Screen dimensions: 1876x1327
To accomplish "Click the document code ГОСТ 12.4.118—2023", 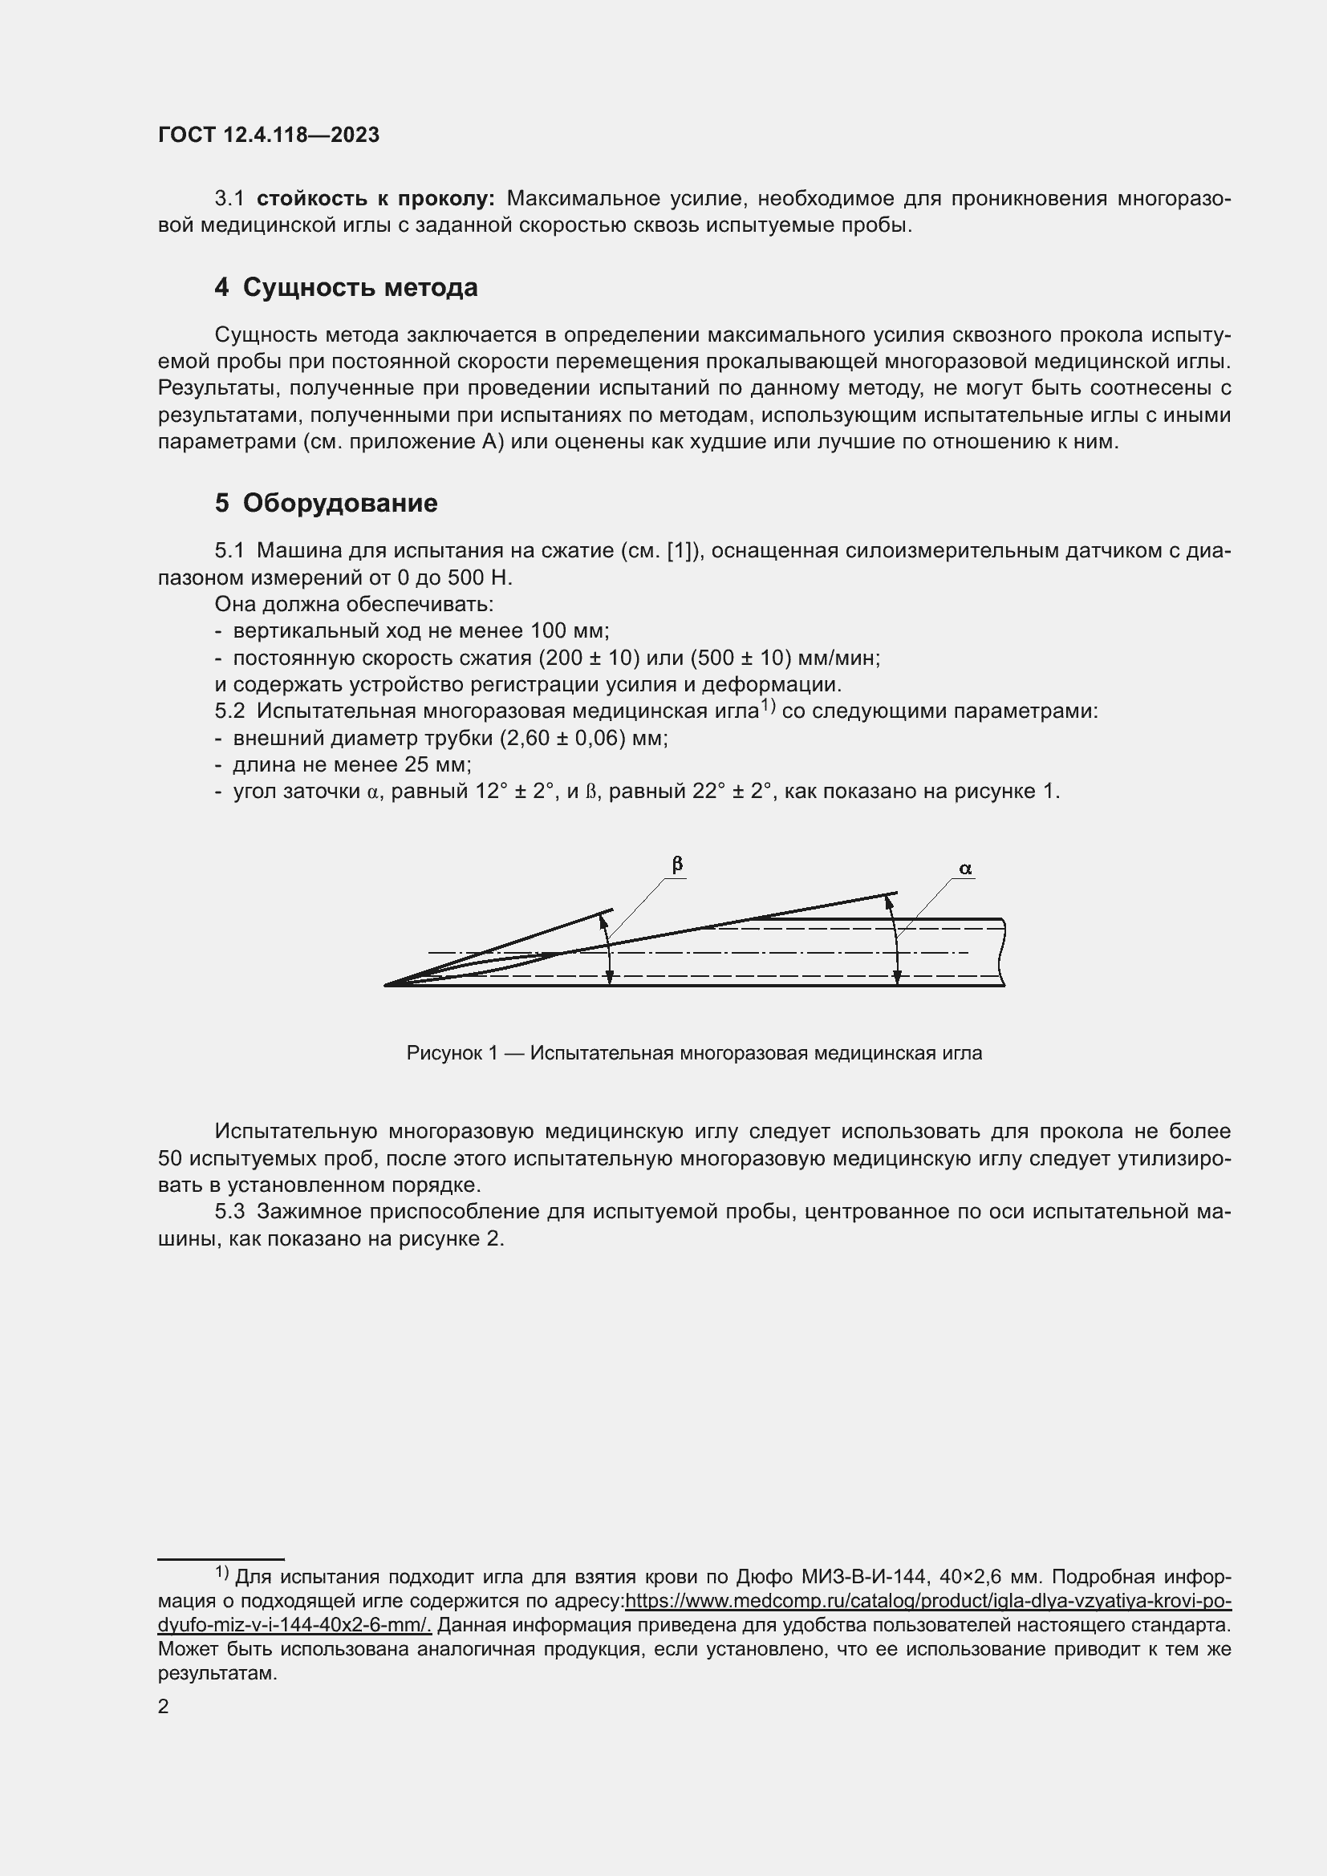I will (269, 136).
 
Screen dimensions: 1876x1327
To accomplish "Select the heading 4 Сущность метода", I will (347, 288).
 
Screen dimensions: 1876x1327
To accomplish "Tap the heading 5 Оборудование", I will (326, 503).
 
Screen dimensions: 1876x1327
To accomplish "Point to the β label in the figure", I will (676, 865).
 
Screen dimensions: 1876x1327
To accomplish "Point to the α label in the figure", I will (965, 869).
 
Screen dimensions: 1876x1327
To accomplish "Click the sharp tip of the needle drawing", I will (387, 986).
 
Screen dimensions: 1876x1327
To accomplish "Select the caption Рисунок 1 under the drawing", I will (694, 1053).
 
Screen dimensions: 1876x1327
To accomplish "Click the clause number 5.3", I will (229, 1212).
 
